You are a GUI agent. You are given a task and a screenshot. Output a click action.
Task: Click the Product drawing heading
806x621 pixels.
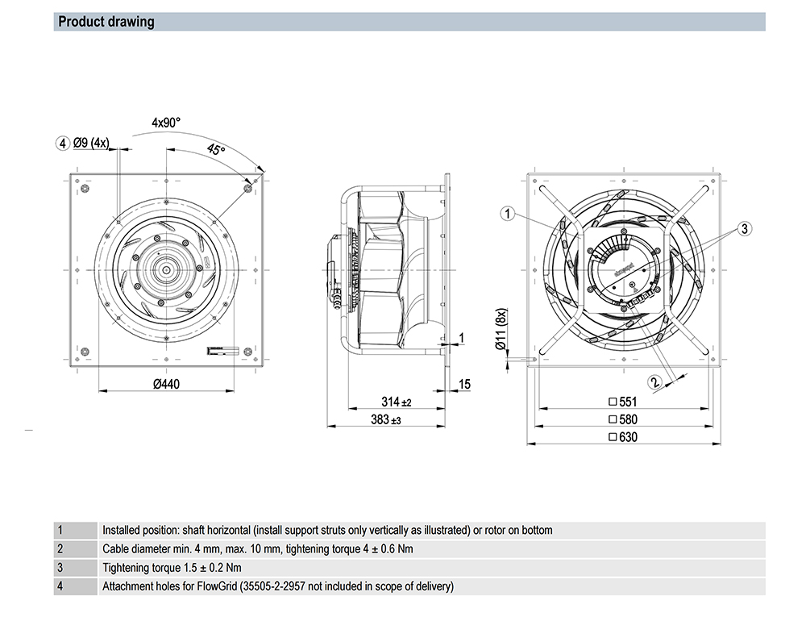coord(106,22)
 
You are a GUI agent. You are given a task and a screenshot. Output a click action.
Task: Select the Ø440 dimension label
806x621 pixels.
coord(166,384)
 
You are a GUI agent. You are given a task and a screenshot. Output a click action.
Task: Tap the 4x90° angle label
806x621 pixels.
coord(166,123)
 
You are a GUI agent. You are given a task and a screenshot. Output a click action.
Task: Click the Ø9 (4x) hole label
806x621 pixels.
coord(90,143)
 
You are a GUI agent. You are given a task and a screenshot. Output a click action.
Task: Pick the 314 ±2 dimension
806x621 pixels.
coord(396,402)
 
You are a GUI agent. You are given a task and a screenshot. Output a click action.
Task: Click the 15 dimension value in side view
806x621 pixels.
coord(464,384)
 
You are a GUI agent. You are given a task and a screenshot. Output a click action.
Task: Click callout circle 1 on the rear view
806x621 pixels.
coord(507,214)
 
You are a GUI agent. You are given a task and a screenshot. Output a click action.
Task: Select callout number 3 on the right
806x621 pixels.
coord(745,229)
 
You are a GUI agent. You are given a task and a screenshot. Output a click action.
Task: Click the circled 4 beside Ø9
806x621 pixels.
coord(62,144)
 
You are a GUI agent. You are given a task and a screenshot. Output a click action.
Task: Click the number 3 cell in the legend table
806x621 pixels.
coord(60,567)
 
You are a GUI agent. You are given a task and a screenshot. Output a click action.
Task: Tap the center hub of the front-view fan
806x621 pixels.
coord(165,269)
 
